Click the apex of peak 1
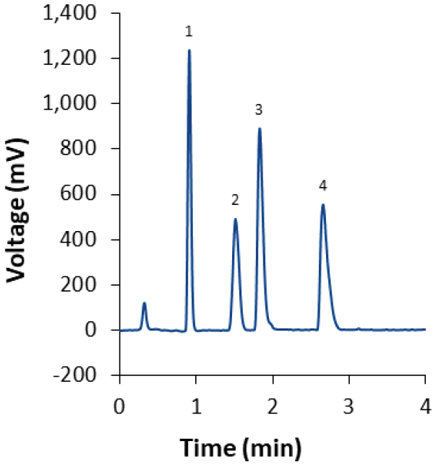189,51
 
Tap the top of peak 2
235,219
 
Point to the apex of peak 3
259,129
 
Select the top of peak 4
322,205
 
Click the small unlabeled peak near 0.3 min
145,304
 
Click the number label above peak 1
189,32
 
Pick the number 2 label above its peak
235,199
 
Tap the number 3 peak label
258,110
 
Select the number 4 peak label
322,186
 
